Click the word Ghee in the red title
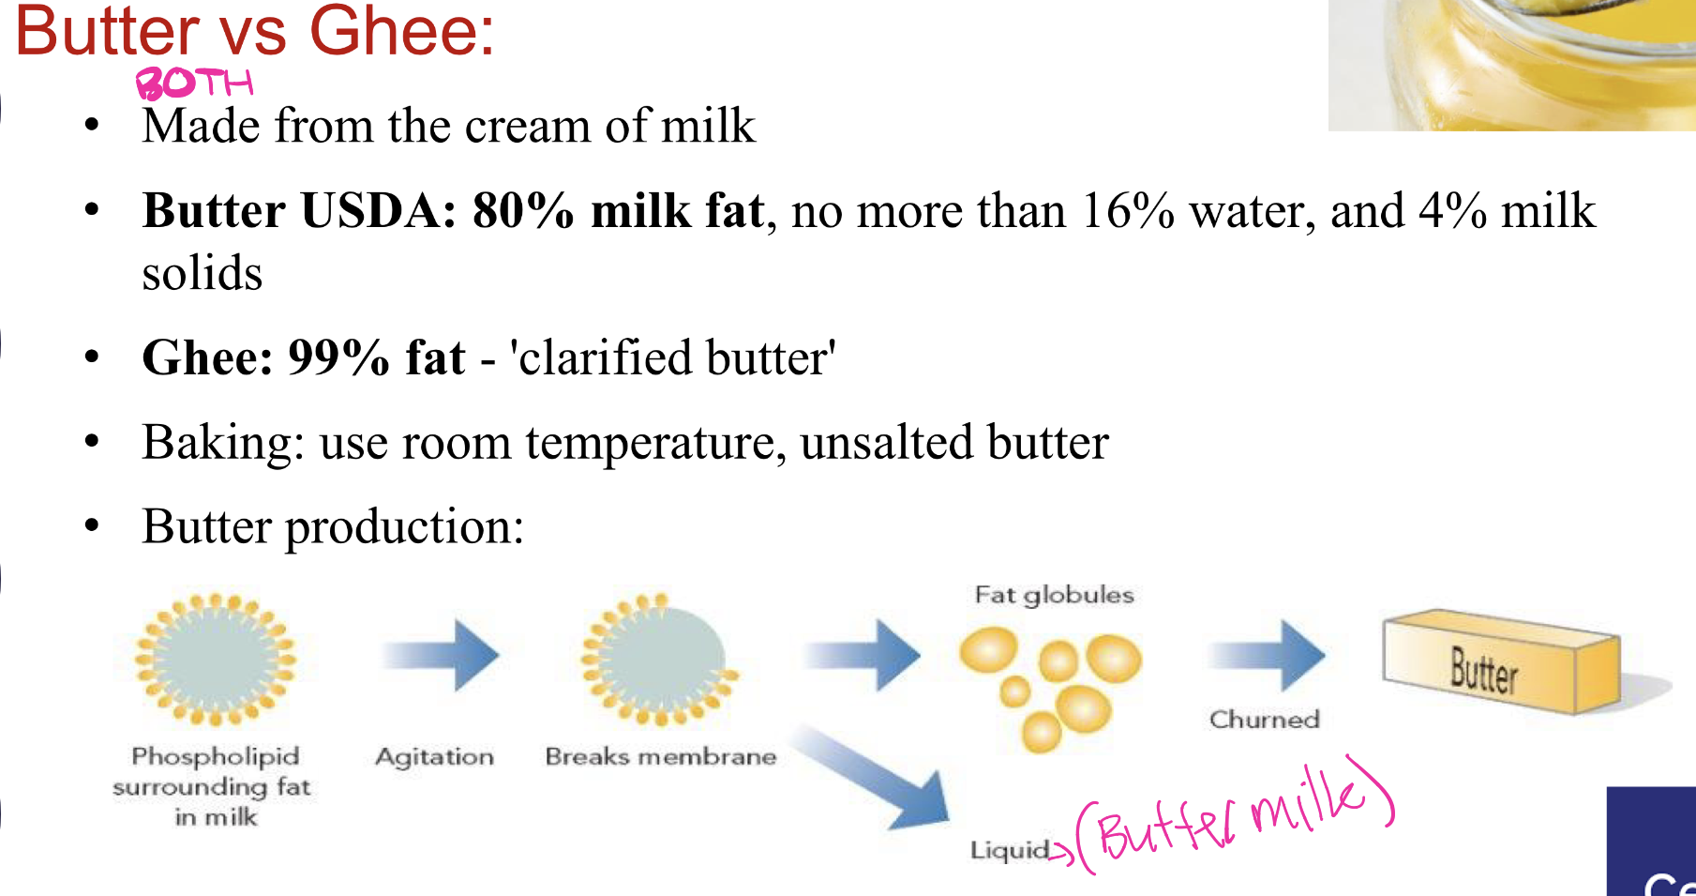click(x=401, y=31)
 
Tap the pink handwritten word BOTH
click(x=195, y=84)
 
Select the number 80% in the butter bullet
click(x=522, y=210)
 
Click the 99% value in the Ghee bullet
click(x=338, y=357)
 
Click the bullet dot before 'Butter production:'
click(x=91, y=525)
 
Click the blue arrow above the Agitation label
click(x=441, y=654)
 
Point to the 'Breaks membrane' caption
click(x=660, y=756)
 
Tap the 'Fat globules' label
click(x=1054, y=595)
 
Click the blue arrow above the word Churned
click(x=1267, y=654)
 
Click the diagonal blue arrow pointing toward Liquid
click(x=873, y=778)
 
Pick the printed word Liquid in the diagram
click(x=1009, y=850)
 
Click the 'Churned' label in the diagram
click(x=1264, y=720)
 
